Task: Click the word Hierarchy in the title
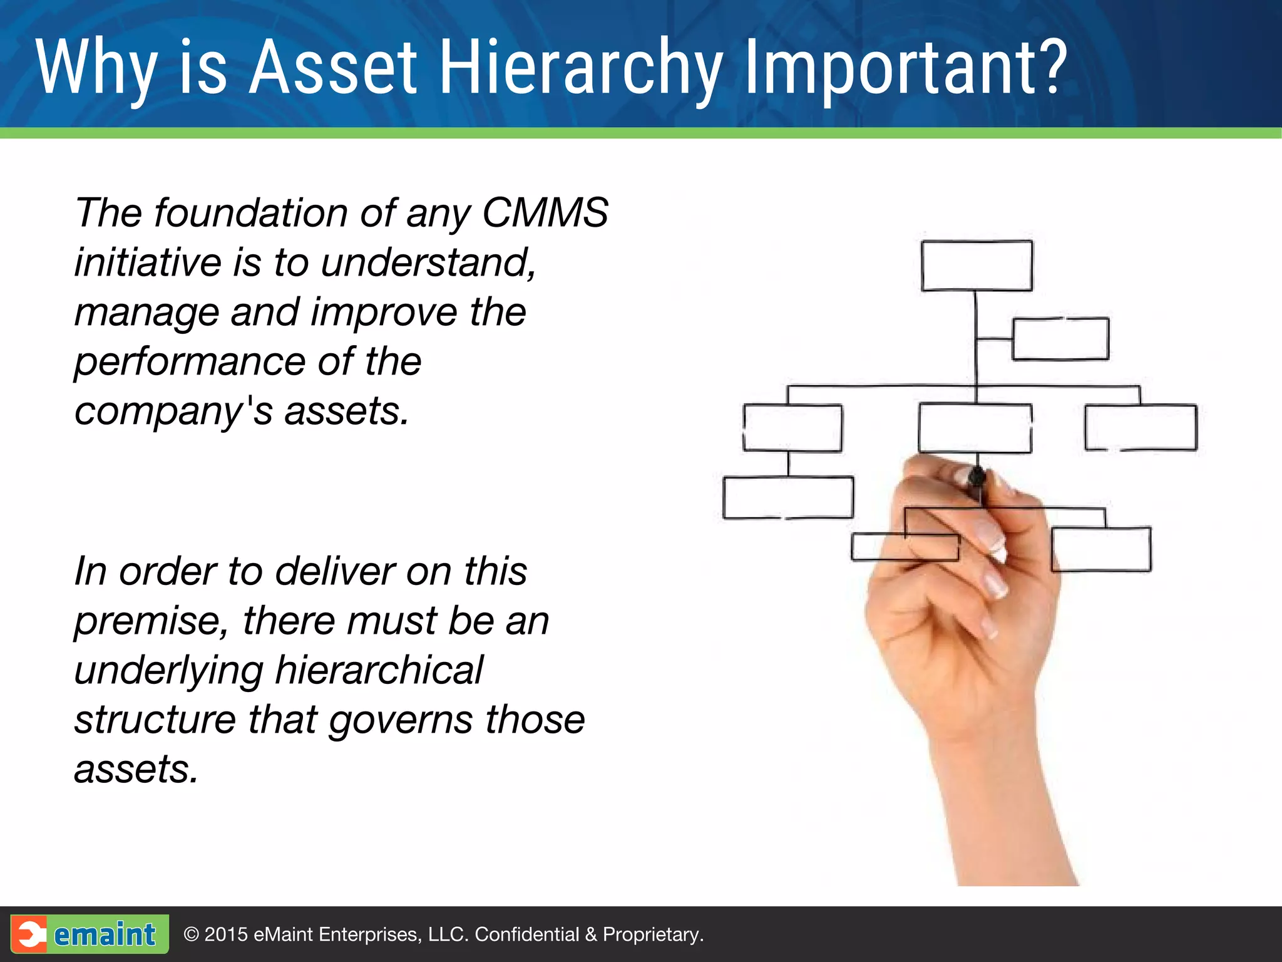pyautogui.click(x=580, y=68)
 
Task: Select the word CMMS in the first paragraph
pyautogui.click(x=545, y=213)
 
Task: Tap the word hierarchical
pyautogui.click(x=379, y=670)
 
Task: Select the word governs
pyautogui.click(x=401, y=720)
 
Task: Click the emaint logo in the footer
pyautogui.click(x=90, y=934)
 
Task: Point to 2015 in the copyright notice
pyautogui.click(x=226, y=934)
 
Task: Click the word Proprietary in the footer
pyautogui.click(x=652, y=934)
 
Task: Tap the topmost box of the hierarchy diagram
pyautogui.click(x=977, y=266)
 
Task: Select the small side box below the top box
pyautogui.click(x=1060, y=339)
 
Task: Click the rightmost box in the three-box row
pyautogui.click(x=1141, y=428)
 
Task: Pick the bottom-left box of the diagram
pyautogui.click(x=788, y=497)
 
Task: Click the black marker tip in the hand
pyautogui.click(x=977, y=479)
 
